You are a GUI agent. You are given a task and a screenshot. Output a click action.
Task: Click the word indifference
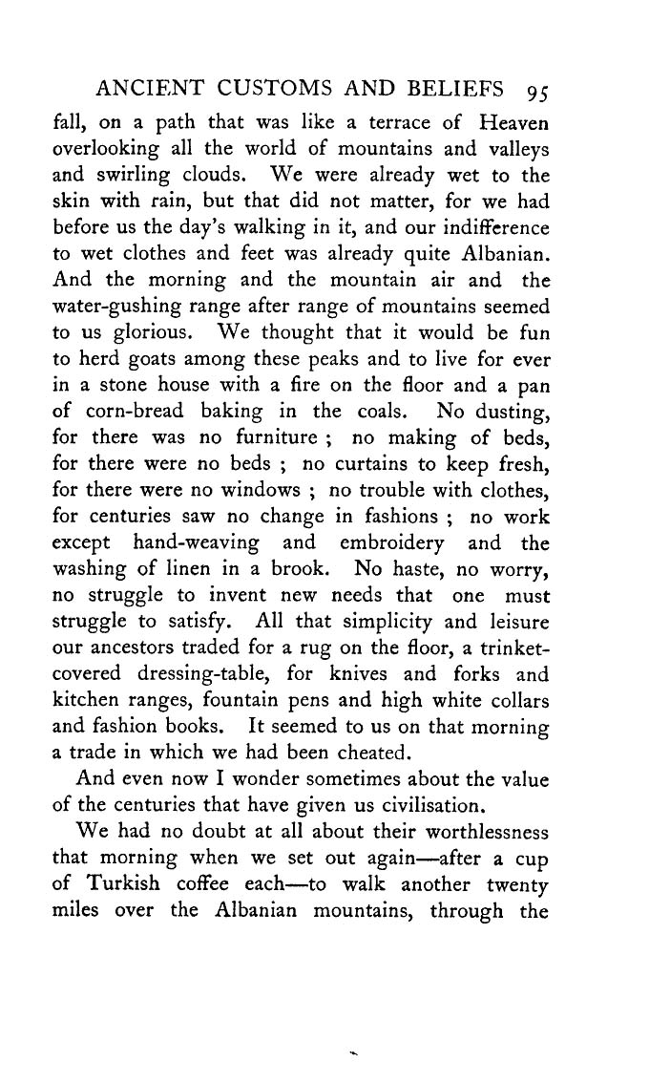coord(493,228)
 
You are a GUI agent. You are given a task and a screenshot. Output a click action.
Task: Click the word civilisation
coord(431,806)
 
